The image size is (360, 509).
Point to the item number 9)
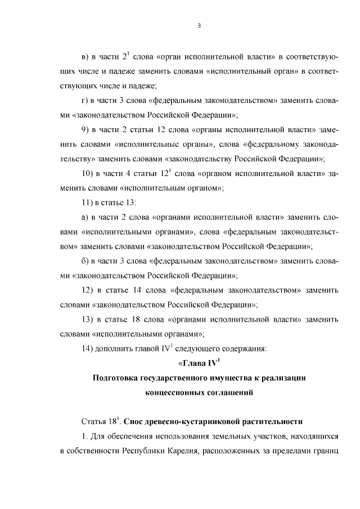(86, 129)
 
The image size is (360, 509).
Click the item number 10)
(88, 173)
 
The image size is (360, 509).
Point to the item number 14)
(88, 348)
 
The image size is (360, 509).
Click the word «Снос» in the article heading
(134, 421)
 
